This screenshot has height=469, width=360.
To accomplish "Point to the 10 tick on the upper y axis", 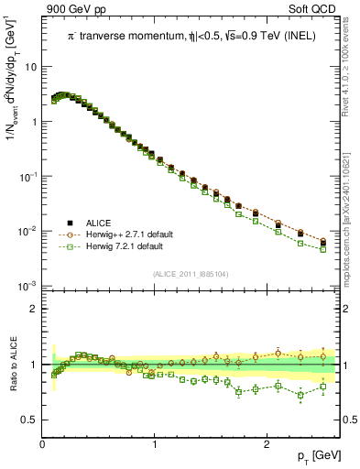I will (30, 67).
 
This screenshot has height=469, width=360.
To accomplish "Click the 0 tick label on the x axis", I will (43, 442).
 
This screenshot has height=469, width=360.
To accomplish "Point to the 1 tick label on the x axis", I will (155, 442).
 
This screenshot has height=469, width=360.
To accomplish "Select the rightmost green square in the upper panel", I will (322, 249).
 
